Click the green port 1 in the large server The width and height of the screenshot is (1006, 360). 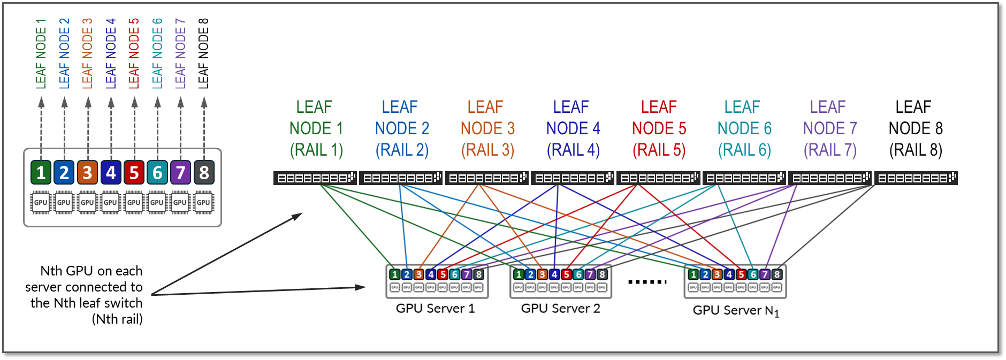(x=41, y=172)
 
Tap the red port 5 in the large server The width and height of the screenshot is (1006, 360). (x=134, y=172)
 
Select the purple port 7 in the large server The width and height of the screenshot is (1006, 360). (x=180, y=172)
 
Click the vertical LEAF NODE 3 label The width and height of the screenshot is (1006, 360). (x=87, y=53)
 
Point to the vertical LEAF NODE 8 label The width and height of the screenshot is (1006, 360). (x=203, y=53)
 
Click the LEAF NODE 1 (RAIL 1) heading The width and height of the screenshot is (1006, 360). (x=316, y=128)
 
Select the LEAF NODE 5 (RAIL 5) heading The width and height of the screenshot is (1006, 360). (x=659, y=128)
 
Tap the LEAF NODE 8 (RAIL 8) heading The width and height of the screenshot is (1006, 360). (x=915, y=128)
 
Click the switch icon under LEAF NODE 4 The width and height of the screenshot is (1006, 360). (x=573, y=178)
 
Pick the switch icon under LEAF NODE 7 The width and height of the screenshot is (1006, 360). (x=829, y=178)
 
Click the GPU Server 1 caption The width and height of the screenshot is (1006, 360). (x=435, y=309)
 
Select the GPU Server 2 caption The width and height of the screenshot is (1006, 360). (x=560, y=309)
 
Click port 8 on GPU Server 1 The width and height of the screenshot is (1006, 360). (x=479, y=274)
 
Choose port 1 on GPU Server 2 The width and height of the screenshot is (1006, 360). (x=518, y=274)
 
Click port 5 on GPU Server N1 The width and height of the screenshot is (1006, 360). (x=741, y=274)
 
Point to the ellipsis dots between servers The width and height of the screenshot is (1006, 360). (x=647, y=281)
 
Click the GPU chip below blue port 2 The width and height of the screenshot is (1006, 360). (x=64, y=203)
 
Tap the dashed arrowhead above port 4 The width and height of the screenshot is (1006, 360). (x=111, y=102)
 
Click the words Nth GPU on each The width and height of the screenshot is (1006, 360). (x=91, y=271)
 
